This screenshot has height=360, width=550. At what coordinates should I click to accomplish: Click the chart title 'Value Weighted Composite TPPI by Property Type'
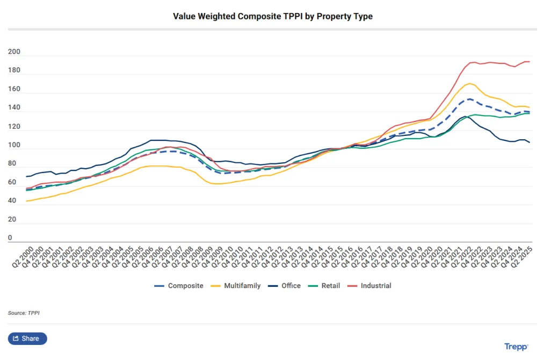pyautogui.click(x=272, y=17)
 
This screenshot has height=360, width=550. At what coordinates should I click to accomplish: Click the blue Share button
pyautogui.click(x=27, y=339)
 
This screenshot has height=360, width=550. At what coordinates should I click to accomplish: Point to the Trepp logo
pyautogui.click(x=516, y=347)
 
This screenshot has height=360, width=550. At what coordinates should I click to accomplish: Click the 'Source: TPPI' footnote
pyautogui.click(x=24, y=313)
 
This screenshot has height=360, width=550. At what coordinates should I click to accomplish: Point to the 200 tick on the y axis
pyautogui.click(x=14, y=52)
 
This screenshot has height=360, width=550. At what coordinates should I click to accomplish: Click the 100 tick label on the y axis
pyautogui.click(x=14, y=145)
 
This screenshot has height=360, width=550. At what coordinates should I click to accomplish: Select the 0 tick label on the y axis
pyautogui.click(x=10, y=238)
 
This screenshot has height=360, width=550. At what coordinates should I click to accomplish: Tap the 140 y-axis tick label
pyautogui.click(x=14, y=108)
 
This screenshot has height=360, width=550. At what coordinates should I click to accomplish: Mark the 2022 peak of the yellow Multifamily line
pyautogui.click(x=470, y=83)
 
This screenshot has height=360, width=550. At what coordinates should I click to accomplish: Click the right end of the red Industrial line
pyautogui.click(x=530, y=62)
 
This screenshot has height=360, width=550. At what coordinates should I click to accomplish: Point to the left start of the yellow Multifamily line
pyautogui.click(x=26, y=201)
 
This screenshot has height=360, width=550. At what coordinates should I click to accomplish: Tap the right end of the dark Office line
pyautogui.click(x=530, y=142)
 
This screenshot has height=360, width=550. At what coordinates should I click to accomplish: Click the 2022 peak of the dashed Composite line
pyautogui.click(x=469, y=99)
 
